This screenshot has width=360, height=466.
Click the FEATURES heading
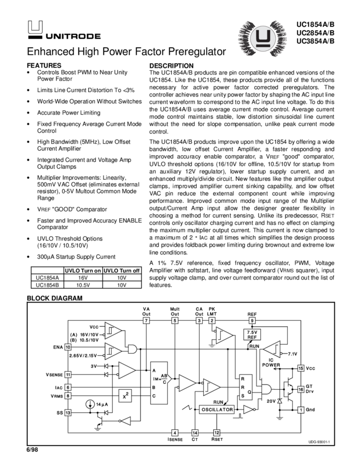pyautogui.click(x=43, y=65)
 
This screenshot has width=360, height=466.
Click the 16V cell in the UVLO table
pyautogui.click(x=83, y=278)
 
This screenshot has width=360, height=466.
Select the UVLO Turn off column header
pyautogui.click(x=122, y=271)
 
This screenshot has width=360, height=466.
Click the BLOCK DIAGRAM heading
pyautogui.click(x=55, y=298)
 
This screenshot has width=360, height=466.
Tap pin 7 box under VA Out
pyautogui.click(x=146, y=320)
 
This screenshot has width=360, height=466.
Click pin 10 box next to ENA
pyautogui.click(x=68, y=347)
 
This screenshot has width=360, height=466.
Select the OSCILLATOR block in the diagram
pyautogui.click(x=218, y=410)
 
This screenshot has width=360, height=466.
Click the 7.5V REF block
pyautogui.click(x=252, y=335)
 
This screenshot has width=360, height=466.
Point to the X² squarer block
pyautogui.click(x=127, y=395)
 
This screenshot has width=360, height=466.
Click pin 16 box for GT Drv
pyautogui.click(x=300, y=389)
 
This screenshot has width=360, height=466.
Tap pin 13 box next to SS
pyautogui.click(x=68, y=412)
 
